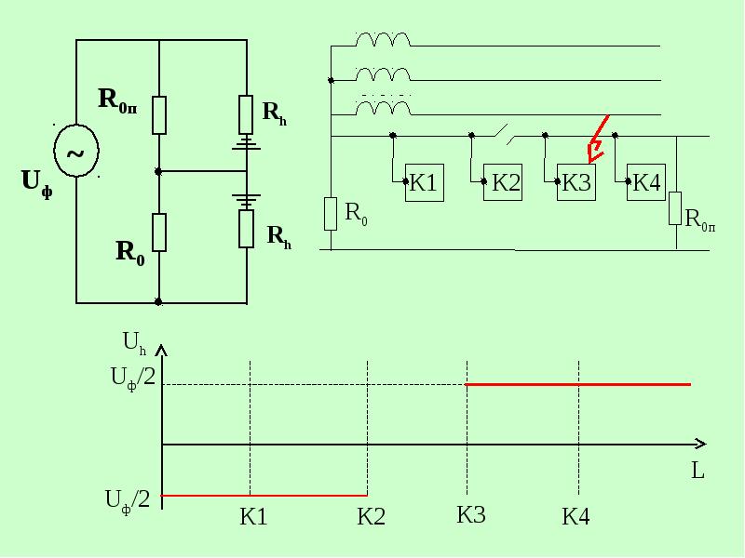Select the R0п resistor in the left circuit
point(159,115)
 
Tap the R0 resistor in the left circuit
point(159,232)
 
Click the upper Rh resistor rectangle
point(246,114)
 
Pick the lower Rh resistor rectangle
point(246,229)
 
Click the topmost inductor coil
point(383,39)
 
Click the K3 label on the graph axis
point(471,515)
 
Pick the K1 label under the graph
point(253,517)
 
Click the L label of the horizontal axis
point(698,471)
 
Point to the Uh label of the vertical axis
point(134,343)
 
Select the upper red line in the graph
point(578,384)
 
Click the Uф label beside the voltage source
point(37,184)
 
